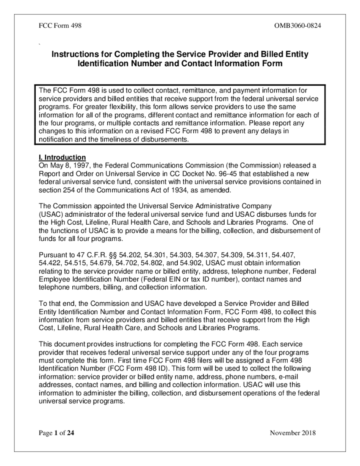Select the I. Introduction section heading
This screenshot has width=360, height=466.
pyautogui.click(x=63, y=157)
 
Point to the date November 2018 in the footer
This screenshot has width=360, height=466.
pyautogui.click(x=293, y=433)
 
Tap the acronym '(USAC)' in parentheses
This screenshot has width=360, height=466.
pyautogui.click(x=49, y=215)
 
